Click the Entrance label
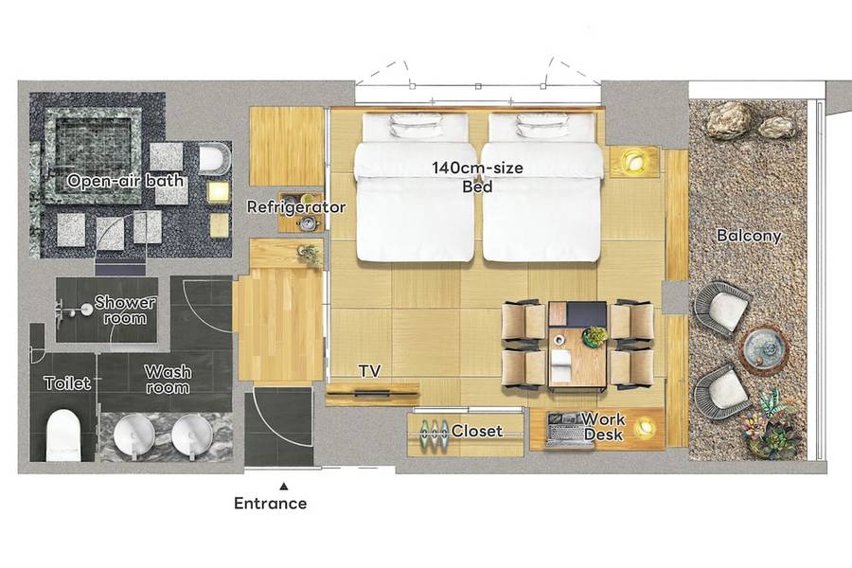pyautogui.click(x=270, y=504)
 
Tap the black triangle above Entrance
pyautogui.click(x=284, y=487)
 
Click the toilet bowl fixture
pyautogui.click(x=63, y=435)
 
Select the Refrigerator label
pyautogui.click(x=296, y=207)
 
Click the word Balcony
pyautogui.click(x=749, y=236)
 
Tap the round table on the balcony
pyautogui.click(x=765, y=346)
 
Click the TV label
pyautogui.click(x=369, y=371)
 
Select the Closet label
pyautogui.click(x=476, y=431)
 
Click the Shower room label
pyautogui.click(x=125, y=310)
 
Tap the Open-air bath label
pyautogui.click(x=125, y=181)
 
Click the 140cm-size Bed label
pyautogui.click(x=478, y=177)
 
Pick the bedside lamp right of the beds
pyautogui.click(x=633, y=160)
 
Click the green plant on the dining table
pyautogui.click(x=595, y=336)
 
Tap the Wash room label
pyautogui.click(x=168, y=380)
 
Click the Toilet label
pyautogui.click(x=67, y=383)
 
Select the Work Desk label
pyautogui.click(x=604, y=427)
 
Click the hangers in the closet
pyautogui.click(x=433, y=431)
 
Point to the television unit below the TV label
pyautogui.click(x=372, y=393)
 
